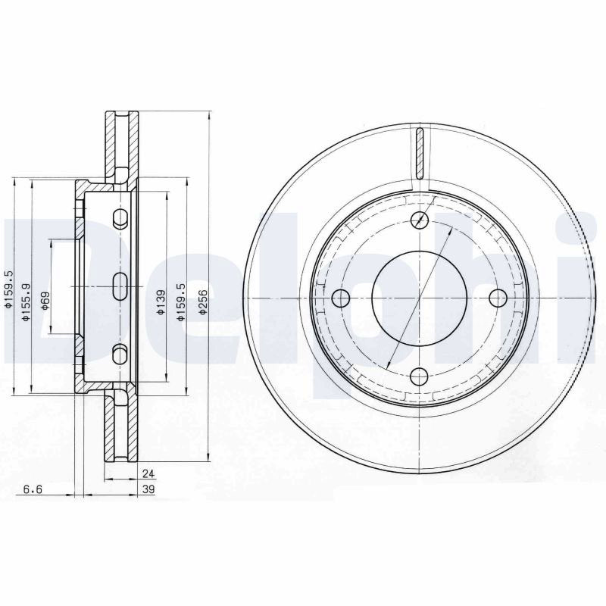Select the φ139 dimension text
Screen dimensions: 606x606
point(161,302)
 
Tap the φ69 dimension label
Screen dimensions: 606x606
point(45,301)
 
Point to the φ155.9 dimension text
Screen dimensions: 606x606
point(26,302)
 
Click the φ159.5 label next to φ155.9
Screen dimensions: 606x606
point(8,290)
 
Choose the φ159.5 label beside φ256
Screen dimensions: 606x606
point(180,301)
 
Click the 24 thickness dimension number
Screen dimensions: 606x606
point(148,473)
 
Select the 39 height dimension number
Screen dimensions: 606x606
point(148,489)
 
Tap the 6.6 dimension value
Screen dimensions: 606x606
point(33,489)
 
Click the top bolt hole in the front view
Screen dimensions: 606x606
point(420,220)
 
